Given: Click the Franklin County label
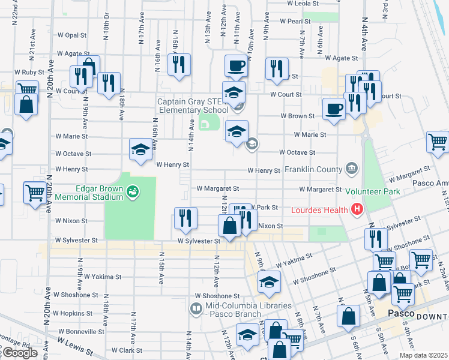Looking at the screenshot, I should [313, 169].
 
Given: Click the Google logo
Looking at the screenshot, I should [19, 353].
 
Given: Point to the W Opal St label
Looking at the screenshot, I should [71, 35].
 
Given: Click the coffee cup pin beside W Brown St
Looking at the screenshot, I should [334, 109].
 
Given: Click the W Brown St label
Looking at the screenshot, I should [297, 116].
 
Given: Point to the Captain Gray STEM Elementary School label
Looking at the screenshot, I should [192, 106].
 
